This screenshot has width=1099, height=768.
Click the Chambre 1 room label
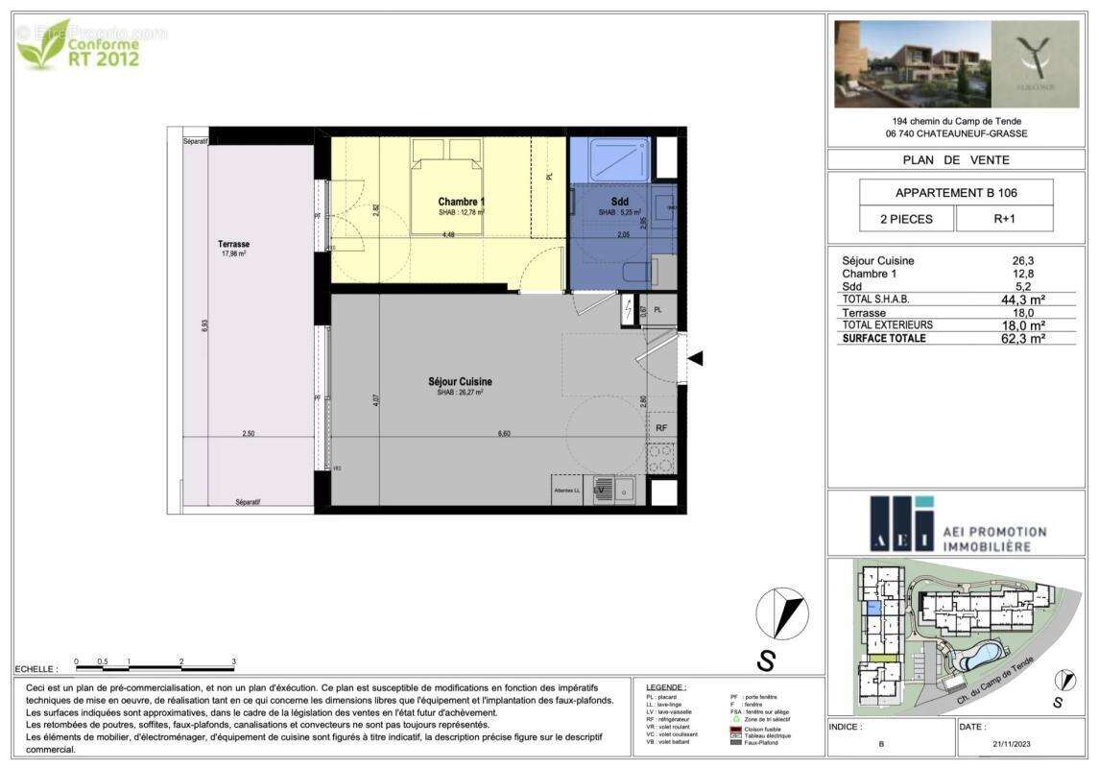click(461, 202)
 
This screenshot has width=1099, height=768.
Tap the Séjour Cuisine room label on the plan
click(460, 382)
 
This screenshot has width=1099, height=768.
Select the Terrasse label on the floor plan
click(232, 245)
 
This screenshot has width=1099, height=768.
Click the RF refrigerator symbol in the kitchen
click(661, 428)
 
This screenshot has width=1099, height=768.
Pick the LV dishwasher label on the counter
click(599, 491)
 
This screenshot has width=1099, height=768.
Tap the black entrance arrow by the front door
click(697, 358)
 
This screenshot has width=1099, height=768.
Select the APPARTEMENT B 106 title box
click(956, 192)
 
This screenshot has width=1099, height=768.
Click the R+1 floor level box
click(1004, 219)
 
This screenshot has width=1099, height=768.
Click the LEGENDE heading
click(666, 687)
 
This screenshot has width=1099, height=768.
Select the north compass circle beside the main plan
click(782, 613)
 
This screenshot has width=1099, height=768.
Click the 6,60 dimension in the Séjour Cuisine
click(503, 434)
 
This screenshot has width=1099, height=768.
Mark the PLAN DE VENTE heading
click(956, 160)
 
